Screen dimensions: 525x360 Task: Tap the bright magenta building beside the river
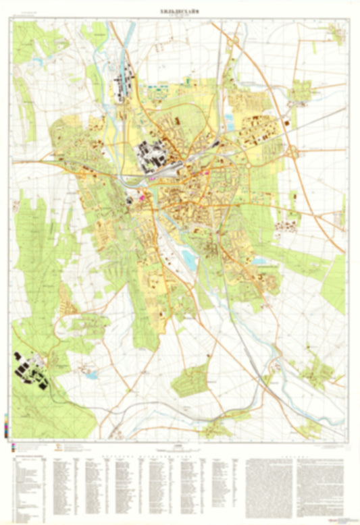[141, 198]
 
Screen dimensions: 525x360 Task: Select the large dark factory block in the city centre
[151, 155]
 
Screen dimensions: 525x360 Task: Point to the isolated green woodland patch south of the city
[191, 381]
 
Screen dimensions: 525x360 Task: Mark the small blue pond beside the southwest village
[91, 374]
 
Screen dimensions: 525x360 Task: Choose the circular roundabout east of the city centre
[247, 165]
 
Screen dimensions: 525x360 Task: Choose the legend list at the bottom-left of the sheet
[30, 486]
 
